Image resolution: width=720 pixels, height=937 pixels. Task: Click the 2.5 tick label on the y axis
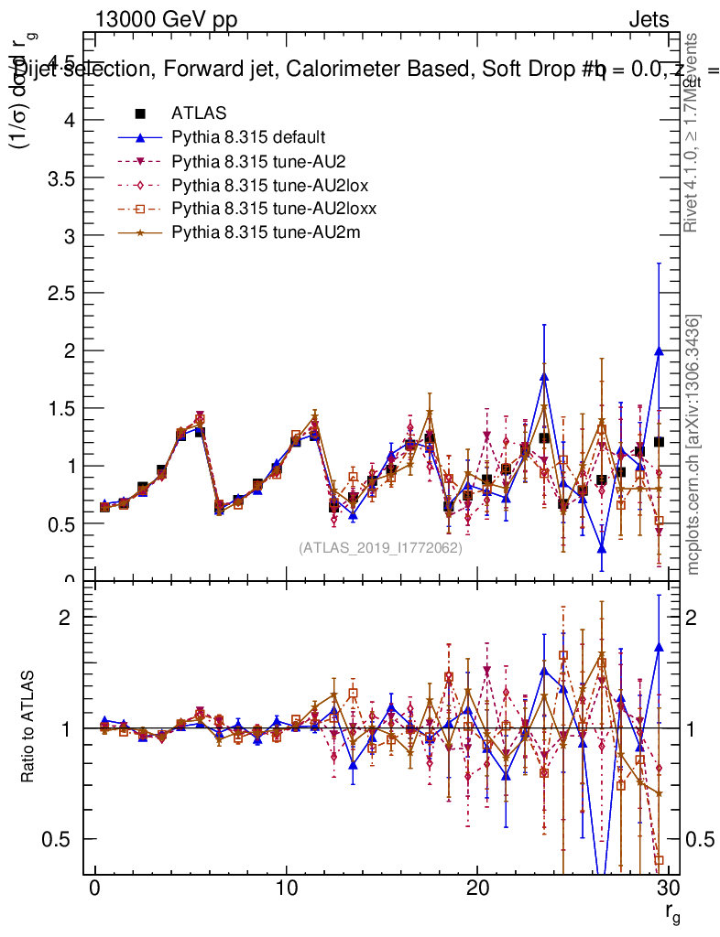pyautogui.click(x=57, y=293)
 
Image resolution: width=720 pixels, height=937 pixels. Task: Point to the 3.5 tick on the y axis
pyautogui.click(x=57, y=178)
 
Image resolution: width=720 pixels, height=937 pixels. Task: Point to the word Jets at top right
pyautogui.click(x=648, y=19)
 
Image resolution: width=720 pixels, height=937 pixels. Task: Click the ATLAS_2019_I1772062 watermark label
pyautogui.click(x=380, y=548)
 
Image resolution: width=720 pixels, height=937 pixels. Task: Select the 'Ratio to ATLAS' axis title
pyautogui.click(x=27, y=727)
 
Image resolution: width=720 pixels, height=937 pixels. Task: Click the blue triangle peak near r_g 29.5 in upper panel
pyautogui.click(x=659, y=350)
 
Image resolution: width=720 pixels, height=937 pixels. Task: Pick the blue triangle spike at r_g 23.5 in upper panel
pyautogui.click(x=544, y=376)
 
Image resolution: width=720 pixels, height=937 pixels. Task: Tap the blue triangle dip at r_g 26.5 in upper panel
pyautogui.click(x=602, y=548)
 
